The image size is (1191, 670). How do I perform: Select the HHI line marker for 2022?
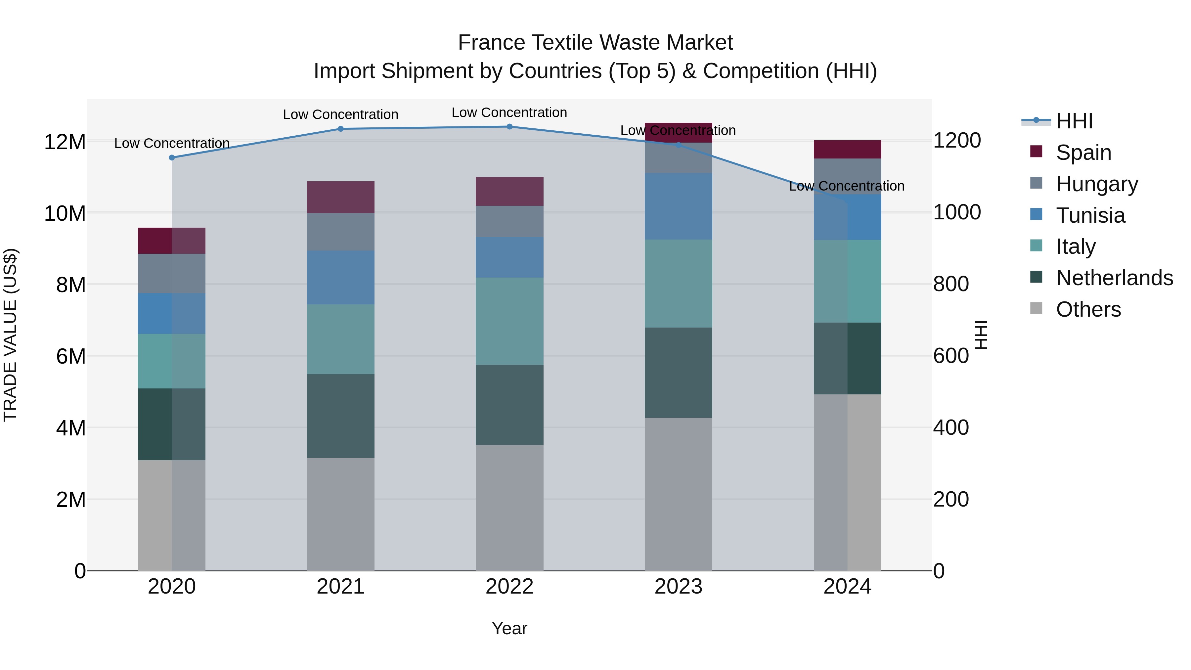tap(509, 127)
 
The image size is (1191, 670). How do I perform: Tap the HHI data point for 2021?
tap(341, 129)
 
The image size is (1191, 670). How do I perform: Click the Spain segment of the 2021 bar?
tap(341, 198)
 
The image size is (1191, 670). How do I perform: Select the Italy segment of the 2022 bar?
tap(509, 321)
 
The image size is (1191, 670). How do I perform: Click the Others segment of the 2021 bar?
tap(341, 514)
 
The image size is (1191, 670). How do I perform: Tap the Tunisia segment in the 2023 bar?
tap(678, 207)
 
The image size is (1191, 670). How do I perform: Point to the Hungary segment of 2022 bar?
tap(509, 221)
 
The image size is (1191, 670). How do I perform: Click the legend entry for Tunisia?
tap(1090, 215)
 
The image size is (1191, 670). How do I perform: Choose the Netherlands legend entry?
tap(1114, 278)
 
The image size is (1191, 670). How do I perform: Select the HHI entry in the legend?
tap(1074, 121)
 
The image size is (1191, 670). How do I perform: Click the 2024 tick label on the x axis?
tap(847, 587)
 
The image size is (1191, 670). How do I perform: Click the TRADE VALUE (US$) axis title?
tap(10, 335)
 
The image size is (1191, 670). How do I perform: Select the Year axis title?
tap(509, 628)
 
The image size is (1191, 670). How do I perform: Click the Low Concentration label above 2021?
tap(341, 115)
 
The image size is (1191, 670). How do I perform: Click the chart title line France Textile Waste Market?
tap(595, 43)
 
